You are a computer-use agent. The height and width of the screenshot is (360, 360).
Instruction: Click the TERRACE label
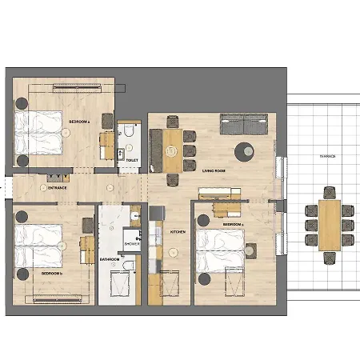(327, 157)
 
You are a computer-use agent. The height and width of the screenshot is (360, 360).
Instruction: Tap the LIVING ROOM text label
(214, 171)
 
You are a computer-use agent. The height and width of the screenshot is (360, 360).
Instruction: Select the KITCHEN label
(178, 231)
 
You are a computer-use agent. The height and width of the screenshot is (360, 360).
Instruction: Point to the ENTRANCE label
(57, 188)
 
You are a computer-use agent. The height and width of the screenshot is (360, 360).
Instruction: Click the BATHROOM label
(110, 259)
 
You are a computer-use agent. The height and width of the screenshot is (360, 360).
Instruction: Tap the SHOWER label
(132, 243)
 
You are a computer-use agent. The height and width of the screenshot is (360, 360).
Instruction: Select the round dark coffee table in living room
(243, 150)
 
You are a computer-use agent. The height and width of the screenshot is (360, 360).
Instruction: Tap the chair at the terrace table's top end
(328, 193)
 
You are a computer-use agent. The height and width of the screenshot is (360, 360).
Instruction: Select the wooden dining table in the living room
(173, 150)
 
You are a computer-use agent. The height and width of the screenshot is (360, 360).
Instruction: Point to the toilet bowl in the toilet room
(129, 134)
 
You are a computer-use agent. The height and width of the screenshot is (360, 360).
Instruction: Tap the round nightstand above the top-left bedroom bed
(22, 103)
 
